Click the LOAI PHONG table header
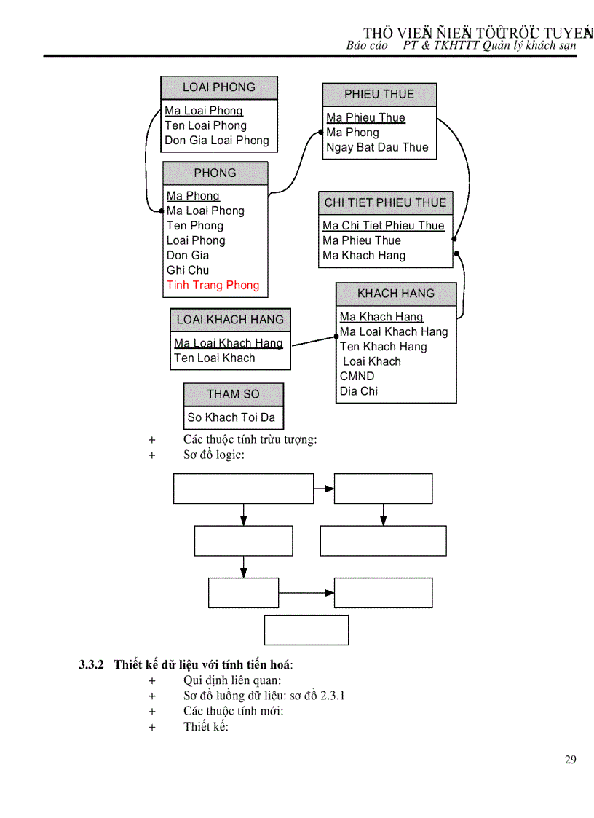219,87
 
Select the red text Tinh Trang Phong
213,285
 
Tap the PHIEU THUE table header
379,95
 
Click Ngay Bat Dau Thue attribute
377,147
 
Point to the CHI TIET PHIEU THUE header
385,202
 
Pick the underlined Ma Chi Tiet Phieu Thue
383,226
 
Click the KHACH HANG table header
396,294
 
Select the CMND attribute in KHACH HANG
357,377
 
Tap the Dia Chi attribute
358,391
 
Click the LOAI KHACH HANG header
230,320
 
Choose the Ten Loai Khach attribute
214,358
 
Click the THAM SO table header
233,394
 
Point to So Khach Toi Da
231,417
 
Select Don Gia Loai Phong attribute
217,141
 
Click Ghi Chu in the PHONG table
188,270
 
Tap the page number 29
570,760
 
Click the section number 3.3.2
92,664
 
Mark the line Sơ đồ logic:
214,455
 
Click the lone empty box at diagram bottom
306,630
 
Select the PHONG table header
215,173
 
